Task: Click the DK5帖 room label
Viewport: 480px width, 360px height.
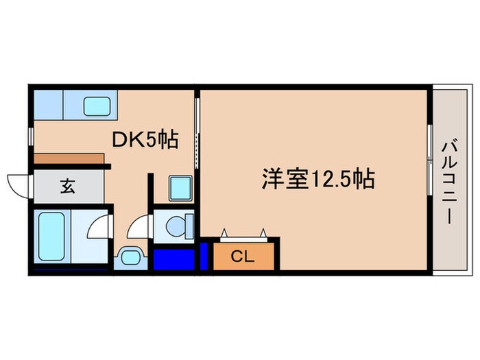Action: (145, 141)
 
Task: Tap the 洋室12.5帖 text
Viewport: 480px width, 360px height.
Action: (317, 180)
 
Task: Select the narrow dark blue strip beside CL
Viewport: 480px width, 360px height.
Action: (204, 256)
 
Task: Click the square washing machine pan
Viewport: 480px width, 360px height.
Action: (180, 187)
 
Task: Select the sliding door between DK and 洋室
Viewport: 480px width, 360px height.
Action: (197, 134)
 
